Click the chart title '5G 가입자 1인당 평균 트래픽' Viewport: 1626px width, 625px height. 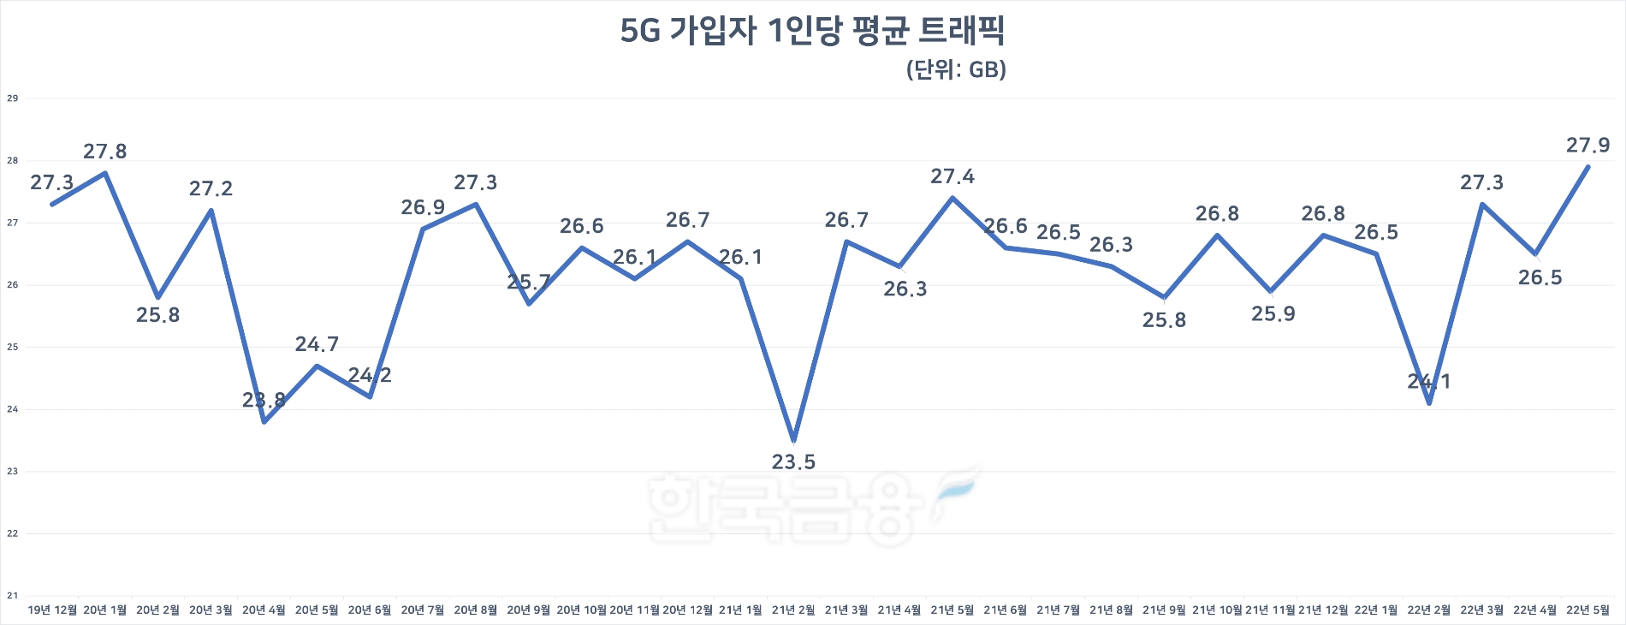(812, 31)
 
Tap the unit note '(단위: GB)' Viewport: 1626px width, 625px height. (955, 69)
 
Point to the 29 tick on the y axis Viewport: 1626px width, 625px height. (12, 98)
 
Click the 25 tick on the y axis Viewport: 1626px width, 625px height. (12, 347)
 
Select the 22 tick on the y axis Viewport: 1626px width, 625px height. (12, 533)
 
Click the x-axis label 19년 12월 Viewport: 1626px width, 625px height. (52, 610)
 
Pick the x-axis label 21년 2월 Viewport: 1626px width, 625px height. (793, 610)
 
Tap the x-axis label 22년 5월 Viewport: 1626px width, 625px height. (1587, 610)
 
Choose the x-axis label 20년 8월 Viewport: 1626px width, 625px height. (475, 610)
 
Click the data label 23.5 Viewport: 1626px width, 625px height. (793, 462)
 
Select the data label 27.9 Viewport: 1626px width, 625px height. (1587, 146)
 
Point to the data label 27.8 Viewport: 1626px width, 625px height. (104, 152)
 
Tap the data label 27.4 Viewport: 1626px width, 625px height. (952, 176)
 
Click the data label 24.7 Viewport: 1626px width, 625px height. (317, 344)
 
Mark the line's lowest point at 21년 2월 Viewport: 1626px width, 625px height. (794, 440)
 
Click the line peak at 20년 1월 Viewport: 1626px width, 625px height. (104, 173)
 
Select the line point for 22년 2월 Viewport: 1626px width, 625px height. (1429, 402)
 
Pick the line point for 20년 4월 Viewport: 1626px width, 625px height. (264, 421)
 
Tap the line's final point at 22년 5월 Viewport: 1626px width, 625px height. (1588, 167)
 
